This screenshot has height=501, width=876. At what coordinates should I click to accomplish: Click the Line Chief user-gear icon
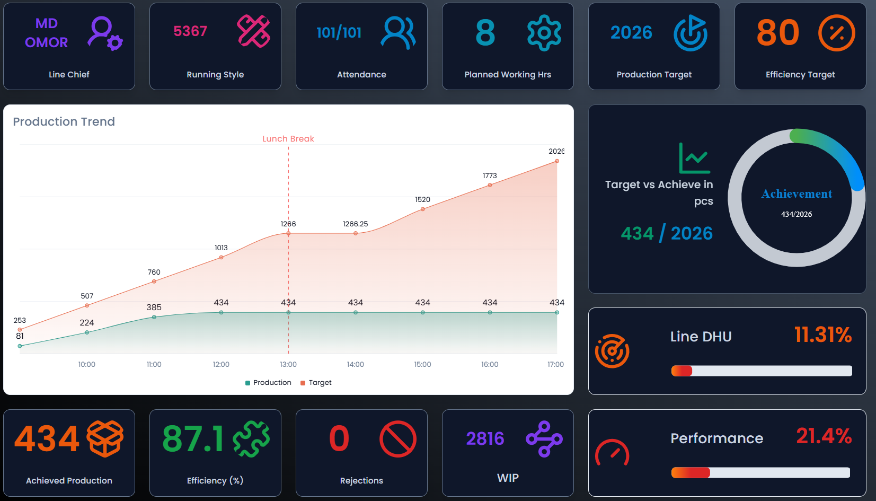[x=105, y=33]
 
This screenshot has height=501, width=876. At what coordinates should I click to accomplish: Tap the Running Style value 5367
[x=190, y=31]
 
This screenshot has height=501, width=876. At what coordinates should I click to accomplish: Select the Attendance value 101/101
[x=339, y=33]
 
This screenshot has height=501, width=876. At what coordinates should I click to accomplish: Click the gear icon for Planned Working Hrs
[x=544, y=33]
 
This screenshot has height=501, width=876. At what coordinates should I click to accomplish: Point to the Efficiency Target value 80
[x=777, y=33]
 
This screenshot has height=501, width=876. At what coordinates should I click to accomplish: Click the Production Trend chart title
[x=64, y=121]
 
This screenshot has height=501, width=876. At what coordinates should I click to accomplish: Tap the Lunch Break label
[x=288, y=139]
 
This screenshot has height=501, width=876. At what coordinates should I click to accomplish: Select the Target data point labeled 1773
[x=490, y=185]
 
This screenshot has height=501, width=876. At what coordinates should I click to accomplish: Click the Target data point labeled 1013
[x=221, y=257]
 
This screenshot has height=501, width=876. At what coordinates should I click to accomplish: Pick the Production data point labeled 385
[x=154, y=317]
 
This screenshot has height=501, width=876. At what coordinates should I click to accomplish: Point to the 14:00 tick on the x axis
[x=355, y=364]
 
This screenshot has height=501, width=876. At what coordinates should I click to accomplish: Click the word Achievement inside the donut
[x=797, y=194]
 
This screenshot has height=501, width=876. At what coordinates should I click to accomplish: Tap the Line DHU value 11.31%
[x=822, y=335]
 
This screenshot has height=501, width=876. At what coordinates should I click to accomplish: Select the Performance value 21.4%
[x=824, y=436]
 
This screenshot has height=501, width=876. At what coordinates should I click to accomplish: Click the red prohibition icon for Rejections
[x=397, y=439]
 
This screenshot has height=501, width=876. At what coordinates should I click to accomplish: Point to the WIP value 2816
[x=485, y=438]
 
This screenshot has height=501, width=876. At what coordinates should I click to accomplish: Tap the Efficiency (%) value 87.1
[x=193, y=439]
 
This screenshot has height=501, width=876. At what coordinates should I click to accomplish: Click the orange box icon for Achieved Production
[x=105, y=438]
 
